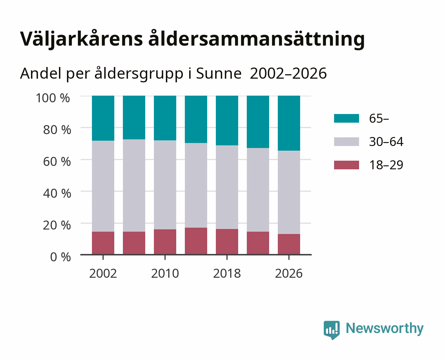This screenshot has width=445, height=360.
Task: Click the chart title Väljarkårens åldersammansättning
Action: point(192,40)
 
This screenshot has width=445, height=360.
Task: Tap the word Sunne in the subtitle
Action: point(219,73)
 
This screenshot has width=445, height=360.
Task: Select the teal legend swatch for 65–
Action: point(346,118)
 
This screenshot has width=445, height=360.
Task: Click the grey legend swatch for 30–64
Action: point(346,142)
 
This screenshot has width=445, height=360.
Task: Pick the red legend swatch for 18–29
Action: point(346,165)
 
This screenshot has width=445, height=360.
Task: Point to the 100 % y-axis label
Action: point(53,98)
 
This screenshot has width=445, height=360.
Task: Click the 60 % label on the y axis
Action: point(57,162)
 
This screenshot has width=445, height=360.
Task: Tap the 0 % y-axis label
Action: point(60,257)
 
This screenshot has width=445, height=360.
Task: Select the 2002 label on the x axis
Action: point(103,273)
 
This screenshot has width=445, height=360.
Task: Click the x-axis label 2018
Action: point(227,273)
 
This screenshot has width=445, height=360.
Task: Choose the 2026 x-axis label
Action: point(289,273)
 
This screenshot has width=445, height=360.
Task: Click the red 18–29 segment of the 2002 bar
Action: point(103,243)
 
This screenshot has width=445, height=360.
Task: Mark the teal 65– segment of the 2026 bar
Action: point(289,123)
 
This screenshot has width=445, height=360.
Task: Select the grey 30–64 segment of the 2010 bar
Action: point(165,185)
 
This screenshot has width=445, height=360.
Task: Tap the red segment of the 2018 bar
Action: point(227,242)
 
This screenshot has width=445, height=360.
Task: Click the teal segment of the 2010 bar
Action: point(165,118)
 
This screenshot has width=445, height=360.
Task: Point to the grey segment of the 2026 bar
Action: point(289,192)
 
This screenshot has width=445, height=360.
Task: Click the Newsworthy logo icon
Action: point(331,330)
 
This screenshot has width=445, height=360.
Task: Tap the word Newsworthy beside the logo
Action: point(385,328)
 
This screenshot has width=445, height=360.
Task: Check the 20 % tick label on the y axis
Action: point(57,225)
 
